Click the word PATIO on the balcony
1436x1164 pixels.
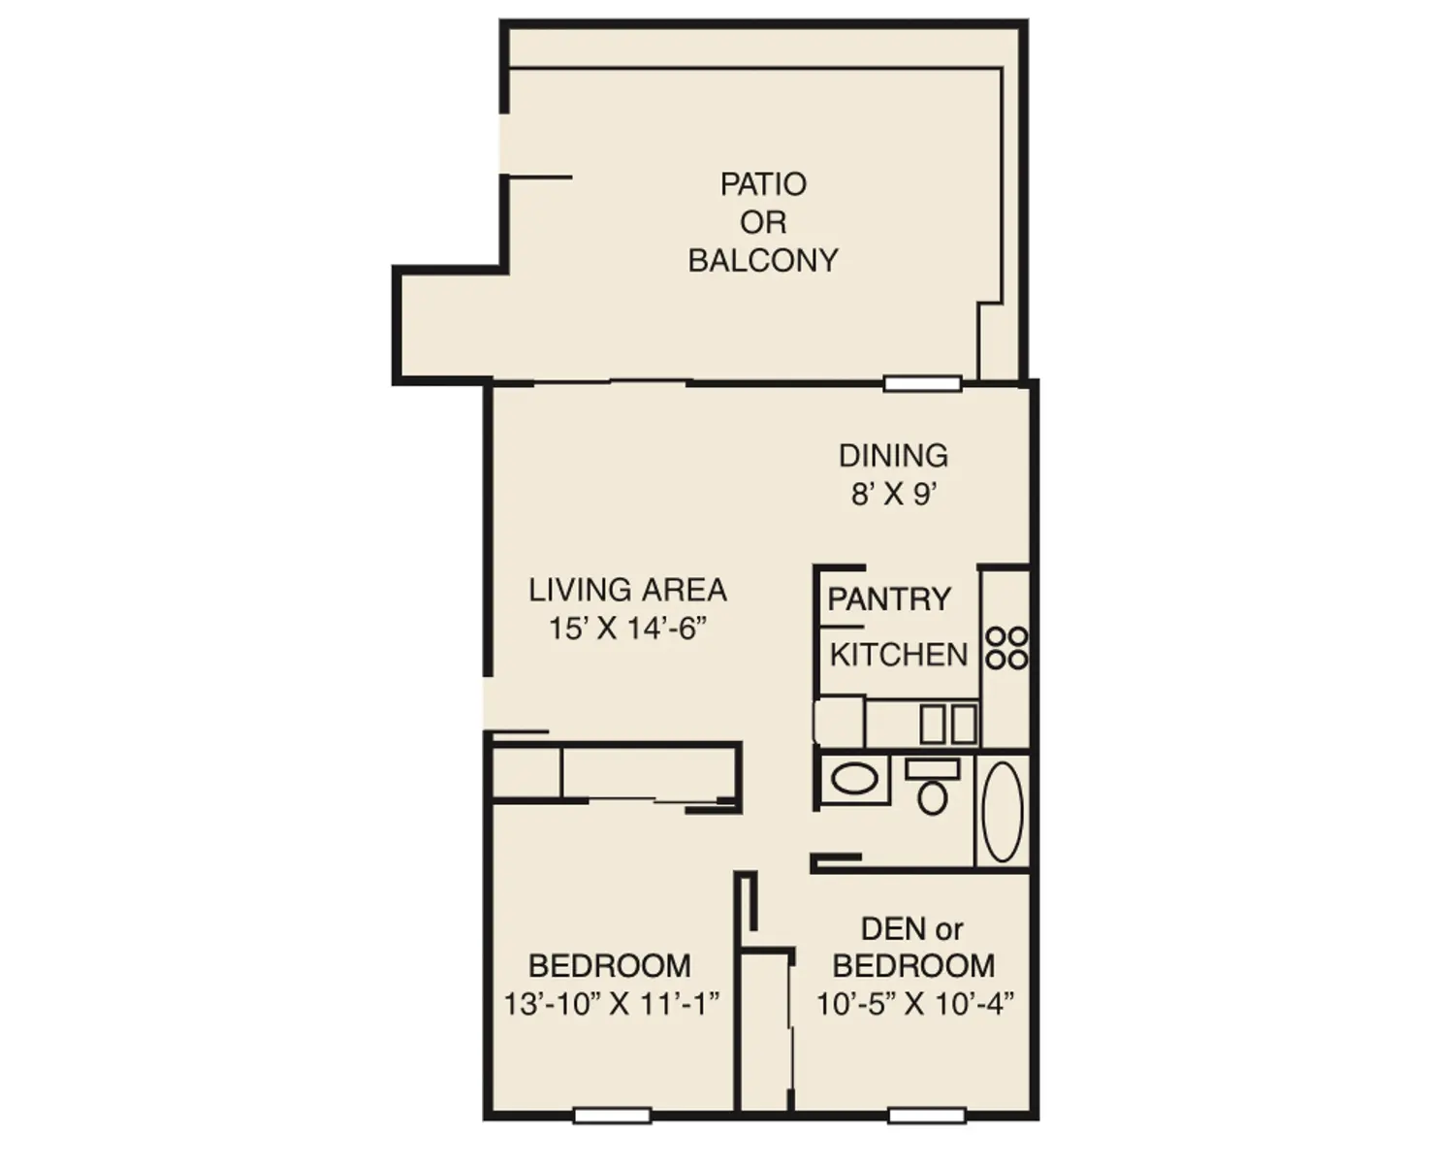point(763,184)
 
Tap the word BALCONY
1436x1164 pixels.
point(763,261)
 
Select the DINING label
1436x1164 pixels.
point(893,456)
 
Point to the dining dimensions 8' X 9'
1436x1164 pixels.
point(893,495)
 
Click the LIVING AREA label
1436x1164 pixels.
point(627,590)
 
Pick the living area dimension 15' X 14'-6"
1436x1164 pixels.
point(627,629)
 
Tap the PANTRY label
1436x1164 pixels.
point(888,599)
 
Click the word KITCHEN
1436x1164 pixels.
point(899,655)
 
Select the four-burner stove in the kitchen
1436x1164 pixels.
point(1006,648)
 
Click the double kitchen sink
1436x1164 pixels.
point(948,724)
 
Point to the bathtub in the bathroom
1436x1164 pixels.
point(1003,811)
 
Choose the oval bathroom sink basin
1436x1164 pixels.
point(854,779)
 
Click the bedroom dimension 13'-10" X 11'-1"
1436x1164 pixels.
point(611,1003)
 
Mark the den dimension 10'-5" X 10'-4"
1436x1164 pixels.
point(914,1003)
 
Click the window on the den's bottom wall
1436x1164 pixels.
point(927,1116)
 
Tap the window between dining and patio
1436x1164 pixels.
point(922,384)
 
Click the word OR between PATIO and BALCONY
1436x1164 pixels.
point(763,223)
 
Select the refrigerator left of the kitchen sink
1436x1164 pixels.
point(839,721)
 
